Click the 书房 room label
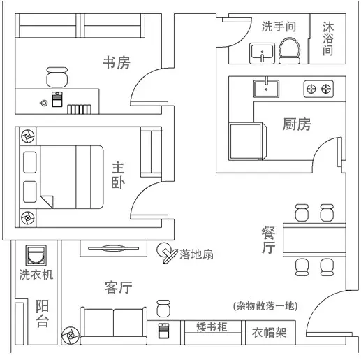[117, 62]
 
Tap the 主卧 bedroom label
[118, 175]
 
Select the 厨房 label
[297, 124]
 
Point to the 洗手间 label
[279, 27]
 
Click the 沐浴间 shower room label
[328, 38]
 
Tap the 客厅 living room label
[119, 287]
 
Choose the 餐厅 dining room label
[268, 240]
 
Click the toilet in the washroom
[289, 50]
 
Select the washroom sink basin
[262, 53]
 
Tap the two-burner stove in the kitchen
[318, 89]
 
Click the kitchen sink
[266, 88]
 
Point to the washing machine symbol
[36, 255]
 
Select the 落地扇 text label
[196, 254]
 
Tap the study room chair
[57, 77]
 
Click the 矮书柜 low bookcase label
[212, 326]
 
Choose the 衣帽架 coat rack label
[269, 333]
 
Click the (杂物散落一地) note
[265, 305]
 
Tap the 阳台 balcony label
[43, 313]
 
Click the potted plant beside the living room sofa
[71, 336]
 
